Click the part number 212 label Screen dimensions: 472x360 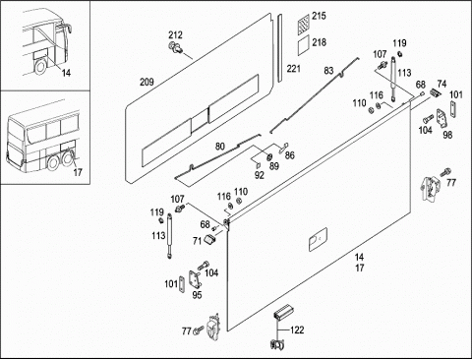(175, 35)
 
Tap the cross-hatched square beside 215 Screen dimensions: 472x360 (304, 25)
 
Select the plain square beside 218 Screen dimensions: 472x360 (304, 45)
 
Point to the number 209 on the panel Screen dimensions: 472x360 (147, 82)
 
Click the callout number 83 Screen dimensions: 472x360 (328, 71)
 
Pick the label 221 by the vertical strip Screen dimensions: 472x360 (293, 69)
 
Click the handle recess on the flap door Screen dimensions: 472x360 (318, 239)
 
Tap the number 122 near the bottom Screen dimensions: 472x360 (297, 330)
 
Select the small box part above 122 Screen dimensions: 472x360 (283, 313)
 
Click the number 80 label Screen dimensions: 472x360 (220, 146)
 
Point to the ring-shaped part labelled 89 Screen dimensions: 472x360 (270, 157)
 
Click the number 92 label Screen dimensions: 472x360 (259, 175)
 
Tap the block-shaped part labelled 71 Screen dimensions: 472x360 (210, 239)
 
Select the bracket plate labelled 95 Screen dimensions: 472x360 (195, 279)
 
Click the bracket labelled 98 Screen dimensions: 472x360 (442, 119)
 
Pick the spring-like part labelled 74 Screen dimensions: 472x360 (435, 92)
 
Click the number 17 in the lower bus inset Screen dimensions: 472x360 (78, 172)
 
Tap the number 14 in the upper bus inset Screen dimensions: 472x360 (66, 73)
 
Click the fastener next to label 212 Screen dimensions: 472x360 (174, 47)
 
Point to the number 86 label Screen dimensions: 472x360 (290, 155)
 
